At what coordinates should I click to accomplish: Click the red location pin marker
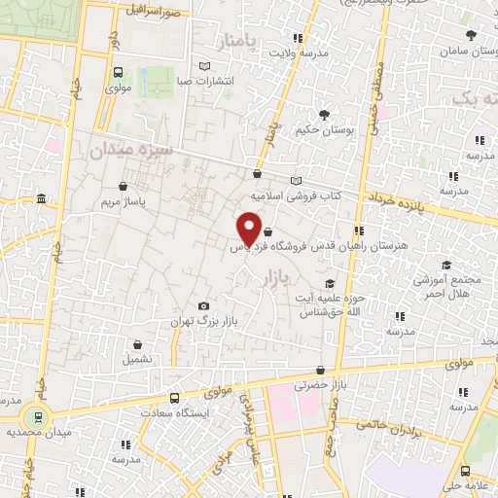pyautogui.click(x=249, y=227)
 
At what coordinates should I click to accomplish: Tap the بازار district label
pyautogui.click(x=276, y=279)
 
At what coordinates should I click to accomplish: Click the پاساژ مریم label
pyautogui.click(x=124, y=201)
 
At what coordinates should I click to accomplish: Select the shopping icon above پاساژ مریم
pyautogui.click(x=124, y=186)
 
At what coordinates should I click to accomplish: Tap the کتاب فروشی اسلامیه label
pyautogui.click(x=294, y=195)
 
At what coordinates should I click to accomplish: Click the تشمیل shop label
pyautogui.click(x=137, y=359)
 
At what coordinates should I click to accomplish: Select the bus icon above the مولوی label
pyautogui.click(x=118, y=72)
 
